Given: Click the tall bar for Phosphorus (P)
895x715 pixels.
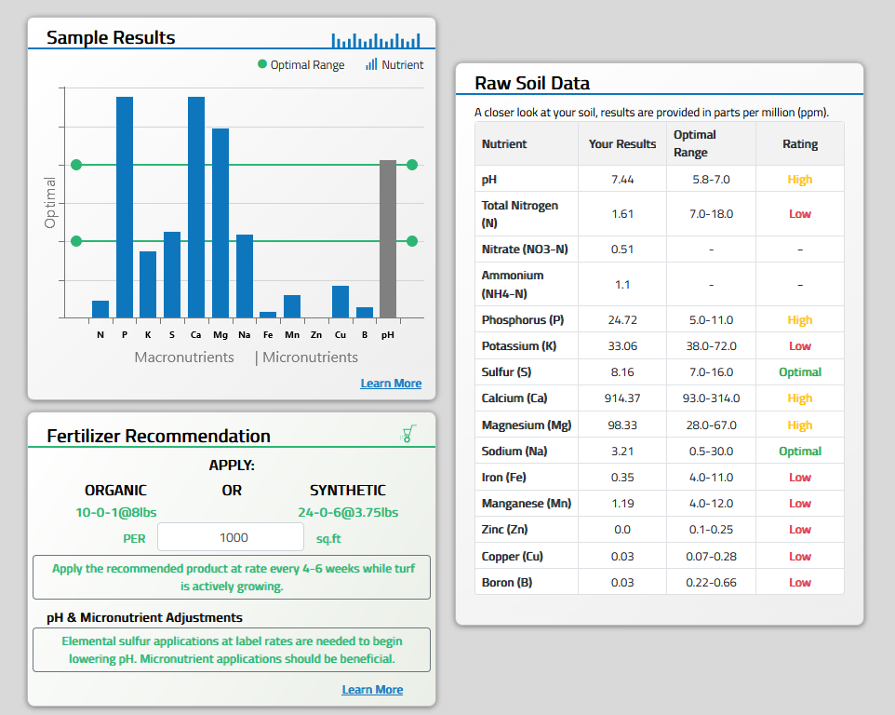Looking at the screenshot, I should (x=124, y=207).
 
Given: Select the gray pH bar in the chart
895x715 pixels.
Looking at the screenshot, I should (x=388, y=239).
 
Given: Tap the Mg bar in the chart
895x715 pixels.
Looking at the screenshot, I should (x=220, y=223).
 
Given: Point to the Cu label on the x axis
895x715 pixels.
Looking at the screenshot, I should (x=341, y=334).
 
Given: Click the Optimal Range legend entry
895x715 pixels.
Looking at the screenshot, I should (x=301, y=65).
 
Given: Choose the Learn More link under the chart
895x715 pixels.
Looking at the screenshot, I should (x=391, y=384).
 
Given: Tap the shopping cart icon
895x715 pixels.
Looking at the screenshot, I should (x=407, y=434).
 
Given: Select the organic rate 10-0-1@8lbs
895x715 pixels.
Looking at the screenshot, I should (x=115, y=512).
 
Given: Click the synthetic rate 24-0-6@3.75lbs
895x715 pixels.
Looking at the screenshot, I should (x=347, y=512).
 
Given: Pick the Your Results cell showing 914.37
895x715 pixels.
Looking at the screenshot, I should (x=621, y=398).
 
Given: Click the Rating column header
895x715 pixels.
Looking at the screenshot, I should (x=799, y=144).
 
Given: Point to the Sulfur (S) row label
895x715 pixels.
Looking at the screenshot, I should (x=507, y=372).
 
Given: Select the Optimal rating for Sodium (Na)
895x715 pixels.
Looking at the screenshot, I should (x=799, y=452).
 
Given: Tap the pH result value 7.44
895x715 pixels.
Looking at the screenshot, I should (x=621, y=180).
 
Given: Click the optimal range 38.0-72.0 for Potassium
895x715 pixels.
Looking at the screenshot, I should (x=711, y=345).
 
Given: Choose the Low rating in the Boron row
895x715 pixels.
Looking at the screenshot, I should (x=799, y=583).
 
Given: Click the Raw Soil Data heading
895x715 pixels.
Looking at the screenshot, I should (x=532, y=83).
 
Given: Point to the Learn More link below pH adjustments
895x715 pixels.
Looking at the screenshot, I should (x=372, y=690).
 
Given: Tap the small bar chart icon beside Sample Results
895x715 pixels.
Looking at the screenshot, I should (x=376, y=40).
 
